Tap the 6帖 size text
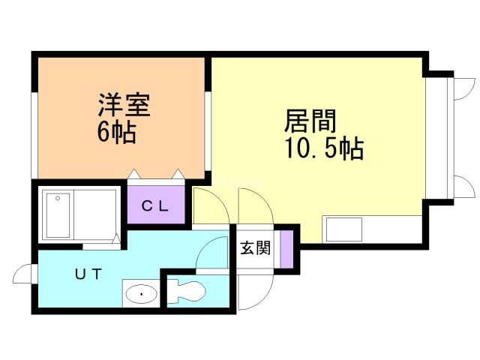(116, 132)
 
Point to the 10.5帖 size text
(323, 148)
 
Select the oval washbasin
(140, 295)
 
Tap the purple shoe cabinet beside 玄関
(285, 250)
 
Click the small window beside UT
(25, 275)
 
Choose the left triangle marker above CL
(133, 174)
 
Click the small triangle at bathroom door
(115, 240)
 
